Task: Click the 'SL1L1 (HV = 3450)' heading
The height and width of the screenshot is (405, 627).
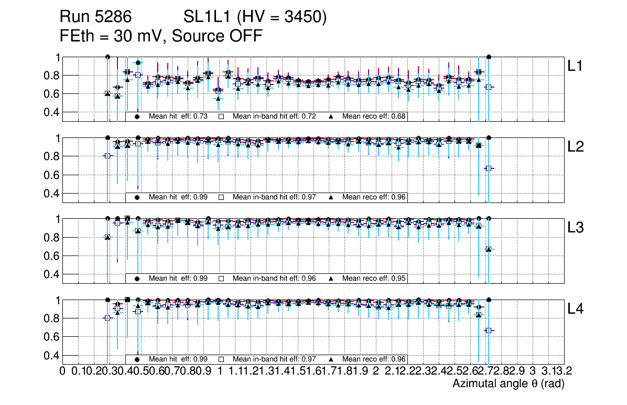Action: (255, 18)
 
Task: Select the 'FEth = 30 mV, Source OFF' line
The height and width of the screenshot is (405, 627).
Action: (161, 36)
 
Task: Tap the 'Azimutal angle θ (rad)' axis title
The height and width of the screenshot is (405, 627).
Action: (508, 384)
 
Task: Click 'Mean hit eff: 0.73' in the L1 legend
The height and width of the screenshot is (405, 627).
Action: (178, 116)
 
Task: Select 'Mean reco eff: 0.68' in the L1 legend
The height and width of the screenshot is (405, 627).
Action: (374, 116)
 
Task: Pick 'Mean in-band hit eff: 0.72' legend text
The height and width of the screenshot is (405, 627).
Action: (274, 116)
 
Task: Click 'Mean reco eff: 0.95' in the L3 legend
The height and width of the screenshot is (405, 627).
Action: (374, 278)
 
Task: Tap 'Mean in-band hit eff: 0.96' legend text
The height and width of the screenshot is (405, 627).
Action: (274, 278)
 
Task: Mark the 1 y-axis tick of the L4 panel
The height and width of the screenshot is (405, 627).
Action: (56, 300)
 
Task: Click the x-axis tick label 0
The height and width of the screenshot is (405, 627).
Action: (63, 371)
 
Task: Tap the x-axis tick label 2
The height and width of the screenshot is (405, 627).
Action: (376, 371)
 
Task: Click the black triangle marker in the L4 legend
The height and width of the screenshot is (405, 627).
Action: (331, 359)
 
